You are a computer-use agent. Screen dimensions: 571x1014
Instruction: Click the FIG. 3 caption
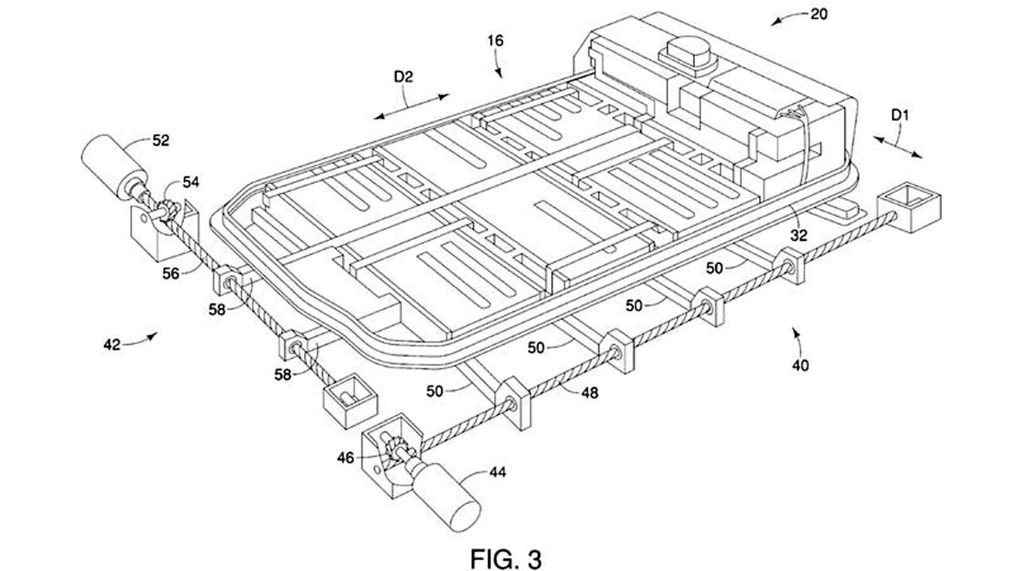click(506, 560)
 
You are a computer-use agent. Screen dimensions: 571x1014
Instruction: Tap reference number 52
click(161, 140)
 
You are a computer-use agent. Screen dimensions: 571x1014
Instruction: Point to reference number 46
click(345, 458)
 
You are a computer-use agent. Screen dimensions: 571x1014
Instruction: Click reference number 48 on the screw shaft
click(589, 393)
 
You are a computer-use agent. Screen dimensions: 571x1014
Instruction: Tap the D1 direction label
click(900, 116)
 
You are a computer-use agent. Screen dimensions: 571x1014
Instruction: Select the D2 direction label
click(403, 77)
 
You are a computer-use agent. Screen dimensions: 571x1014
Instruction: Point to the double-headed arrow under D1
click(898, 147)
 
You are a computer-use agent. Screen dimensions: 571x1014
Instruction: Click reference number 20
click(819, 14)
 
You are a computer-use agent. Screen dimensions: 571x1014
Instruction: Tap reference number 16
click(495, 41)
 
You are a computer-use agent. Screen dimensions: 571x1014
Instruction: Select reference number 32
click(799, 236)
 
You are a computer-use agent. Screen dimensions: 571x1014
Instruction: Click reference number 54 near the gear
click(190, 182)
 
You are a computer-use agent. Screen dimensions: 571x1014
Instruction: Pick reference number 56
click(171, 274)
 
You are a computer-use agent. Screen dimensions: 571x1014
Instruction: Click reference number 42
click(112, 344)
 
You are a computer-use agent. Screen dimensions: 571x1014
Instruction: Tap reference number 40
click(800, 366)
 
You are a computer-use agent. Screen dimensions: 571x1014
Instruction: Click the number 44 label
click(497, 472)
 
